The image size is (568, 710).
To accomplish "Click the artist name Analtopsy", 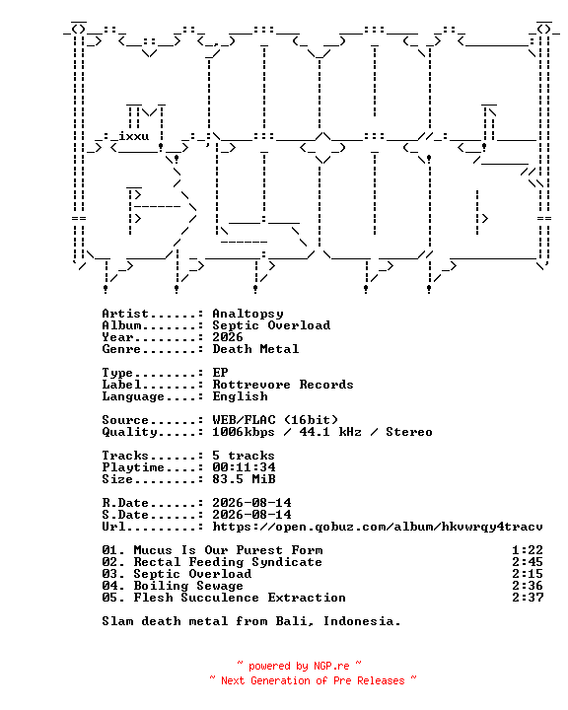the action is [x=248, y=314].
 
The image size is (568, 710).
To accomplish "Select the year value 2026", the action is [x=228, y=337].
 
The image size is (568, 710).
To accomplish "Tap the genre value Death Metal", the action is [x=255, y=349].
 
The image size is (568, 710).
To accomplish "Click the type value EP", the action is [x=220, y=373].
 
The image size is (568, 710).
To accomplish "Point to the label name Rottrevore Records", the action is [x=283, y=385].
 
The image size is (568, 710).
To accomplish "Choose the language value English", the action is [x=240, y=396].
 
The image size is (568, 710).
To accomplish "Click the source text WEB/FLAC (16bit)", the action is [x=275, y=420].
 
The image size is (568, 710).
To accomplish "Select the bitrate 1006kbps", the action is [x=244, y=432].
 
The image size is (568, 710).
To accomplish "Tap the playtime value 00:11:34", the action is [x=244, y=467].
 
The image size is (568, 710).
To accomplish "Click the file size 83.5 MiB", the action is [x=244, y=479].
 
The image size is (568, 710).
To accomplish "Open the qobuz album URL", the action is [x=378, y=527].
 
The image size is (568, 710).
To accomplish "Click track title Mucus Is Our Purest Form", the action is [x=229, y=550].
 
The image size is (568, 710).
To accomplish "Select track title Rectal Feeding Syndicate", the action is [x=228, y=562].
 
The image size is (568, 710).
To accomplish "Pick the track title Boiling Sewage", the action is [x=188, y=586].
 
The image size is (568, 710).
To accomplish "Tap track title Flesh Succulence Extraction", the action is [x=240, y=598].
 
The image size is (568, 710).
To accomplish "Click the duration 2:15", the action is [x=528, y=574].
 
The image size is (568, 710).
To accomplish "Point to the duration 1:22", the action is [x=528, y=550].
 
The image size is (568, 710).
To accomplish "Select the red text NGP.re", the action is [x=331, y=666].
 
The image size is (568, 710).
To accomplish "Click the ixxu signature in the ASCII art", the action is [x=134, y=136].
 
